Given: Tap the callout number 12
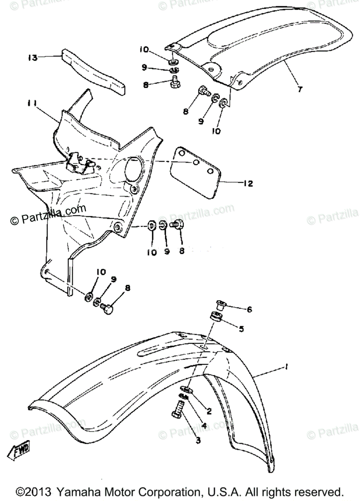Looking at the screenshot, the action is [249, 183].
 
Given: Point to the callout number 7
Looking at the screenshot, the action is [301, 89].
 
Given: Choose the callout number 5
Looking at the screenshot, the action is [252, 328].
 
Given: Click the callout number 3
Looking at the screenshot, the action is [198, 440].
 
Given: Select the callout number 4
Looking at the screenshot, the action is [204, 426].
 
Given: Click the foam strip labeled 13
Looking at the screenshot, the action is [94, 71].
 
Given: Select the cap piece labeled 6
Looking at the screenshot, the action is [222, 304].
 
